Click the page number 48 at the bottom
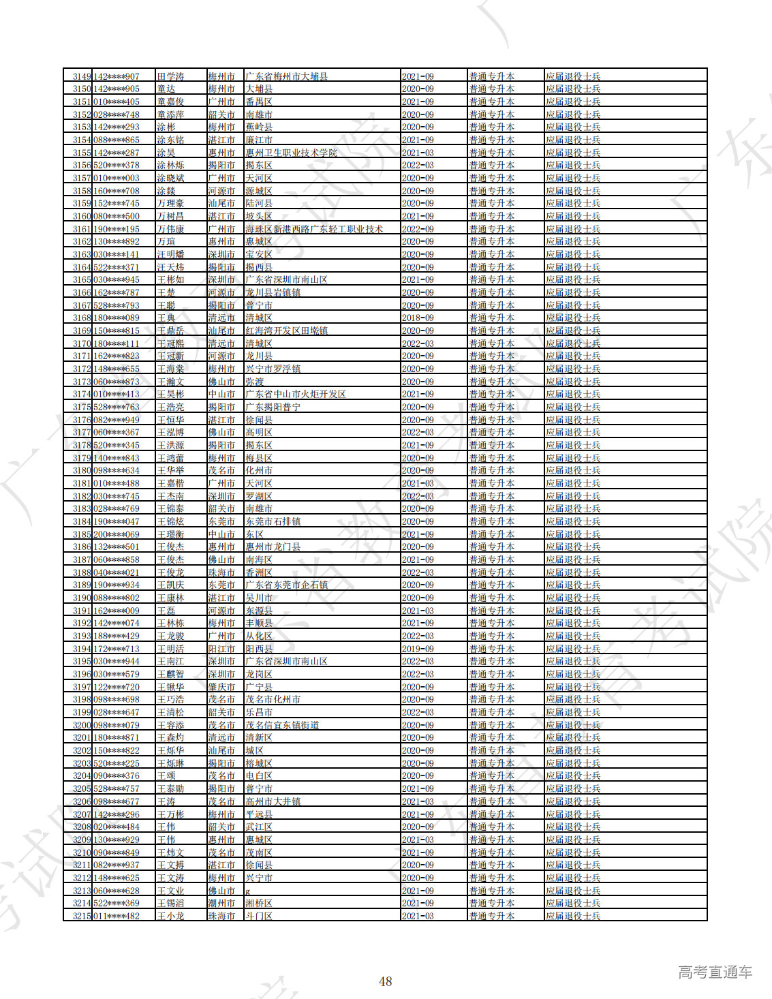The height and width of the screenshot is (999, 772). (x=385, y=981)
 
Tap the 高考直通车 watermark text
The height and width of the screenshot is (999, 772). (x=715, y=972)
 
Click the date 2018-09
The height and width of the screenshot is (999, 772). (x=418, y=318)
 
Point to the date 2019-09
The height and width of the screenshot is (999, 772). (x=418, y=649)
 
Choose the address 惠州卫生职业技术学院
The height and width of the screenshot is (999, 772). (x=291, y=153)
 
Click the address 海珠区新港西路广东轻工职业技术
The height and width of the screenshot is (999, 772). (x=314, y=229)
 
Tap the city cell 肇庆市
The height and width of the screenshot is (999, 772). (x=221, y=687)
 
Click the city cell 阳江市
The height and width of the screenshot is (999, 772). (x=221, y=649)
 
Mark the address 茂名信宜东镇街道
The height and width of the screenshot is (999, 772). (x=282, y=725)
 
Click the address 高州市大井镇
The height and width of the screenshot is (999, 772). (x=273, y=801)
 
